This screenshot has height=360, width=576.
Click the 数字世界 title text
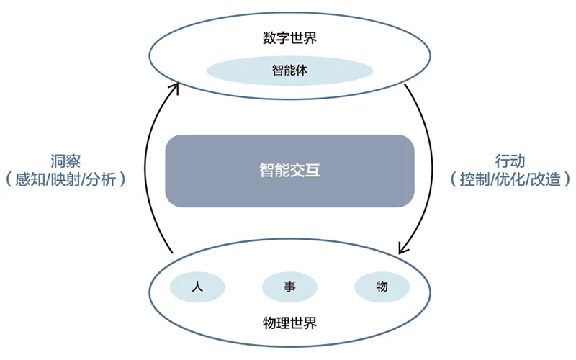click(x=289, y=38)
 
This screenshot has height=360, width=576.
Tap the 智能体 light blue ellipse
click(x=290, y=71)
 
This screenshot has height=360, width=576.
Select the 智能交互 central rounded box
click(x=290, y=171)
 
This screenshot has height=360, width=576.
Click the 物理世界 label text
click(x=289, y=323)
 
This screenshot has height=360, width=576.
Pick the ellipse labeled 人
click(x=197, y=287)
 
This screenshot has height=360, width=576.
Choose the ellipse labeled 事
click(x=290, y=287)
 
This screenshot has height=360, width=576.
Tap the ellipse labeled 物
click(x=382, y=287)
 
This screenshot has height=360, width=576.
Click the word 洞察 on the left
click(x=66, y=161)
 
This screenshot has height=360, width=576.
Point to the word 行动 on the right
click(x=510, y=161)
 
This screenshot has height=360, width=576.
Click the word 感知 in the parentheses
click(x=30, y=179)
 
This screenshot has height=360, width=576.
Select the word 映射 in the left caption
click(x=66, y=179)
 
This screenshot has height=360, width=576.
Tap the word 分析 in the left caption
click(x=101, y=179)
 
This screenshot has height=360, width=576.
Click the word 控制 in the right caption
click(x=474, y=179)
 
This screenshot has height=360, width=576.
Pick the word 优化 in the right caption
click(x=510, y=179)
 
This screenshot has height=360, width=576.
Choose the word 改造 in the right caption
click(x=546, y=179)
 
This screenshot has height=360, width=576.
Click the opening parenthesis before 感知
click(x=9, y=179)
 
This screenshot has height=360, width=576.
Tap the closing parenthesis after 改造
click(x=567, y=179)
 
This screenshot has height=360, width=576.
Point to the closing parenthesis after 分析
click(x=122, y=179)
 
